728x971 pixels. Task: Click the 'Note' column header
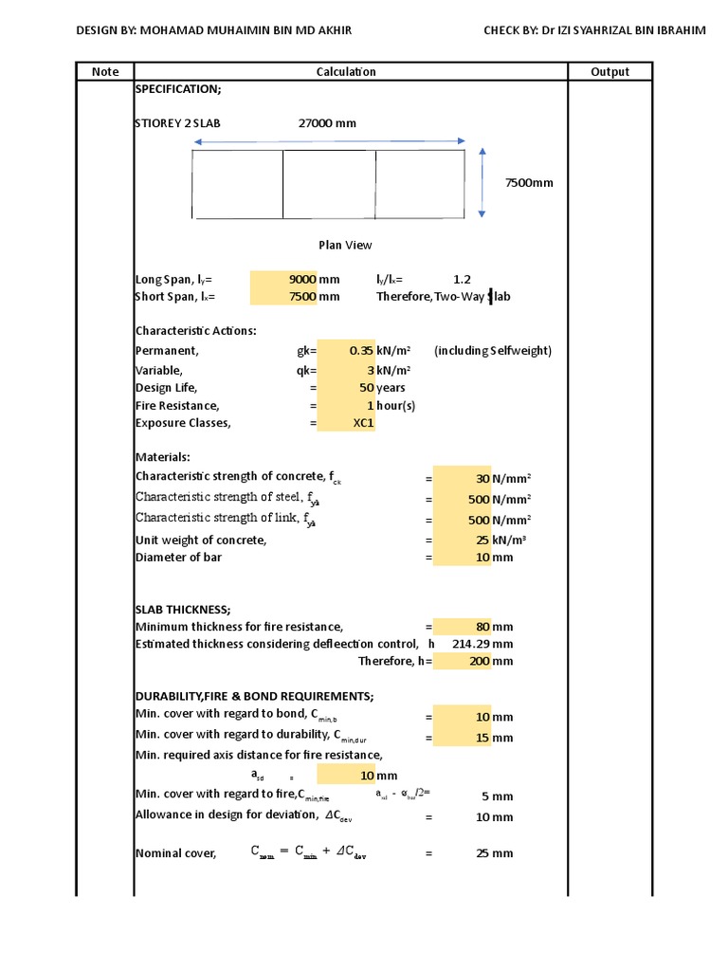105,71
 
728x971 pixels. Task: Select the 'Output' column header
610,71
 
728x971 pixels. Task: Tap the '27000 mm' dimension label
327,123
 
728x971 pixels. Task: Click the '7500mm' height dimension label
528,182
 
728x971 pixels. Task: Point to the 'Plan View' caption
345,245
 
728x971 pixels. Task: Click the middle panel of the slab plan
329,184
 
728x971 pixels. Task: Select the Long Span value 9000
301,280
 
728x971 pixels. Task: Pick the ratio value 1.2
462,280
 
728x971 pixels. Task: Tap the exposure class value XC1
363,423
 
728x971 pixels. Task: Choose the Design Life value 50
366,387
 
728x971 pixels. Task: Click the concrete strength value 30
482,479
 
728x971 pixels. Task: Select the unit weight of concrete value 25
482,540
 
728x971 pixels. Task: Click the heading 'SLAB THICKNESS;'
183,609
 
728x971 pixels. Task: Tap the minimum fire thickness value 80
482,627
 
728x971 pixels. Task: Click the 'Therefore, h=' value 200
480,661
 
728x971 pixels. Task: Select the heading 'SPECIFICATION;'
178,89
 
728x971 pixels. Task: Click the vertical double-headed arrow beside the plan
483,183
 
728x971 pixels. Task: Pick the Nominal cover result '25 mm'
494,853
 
